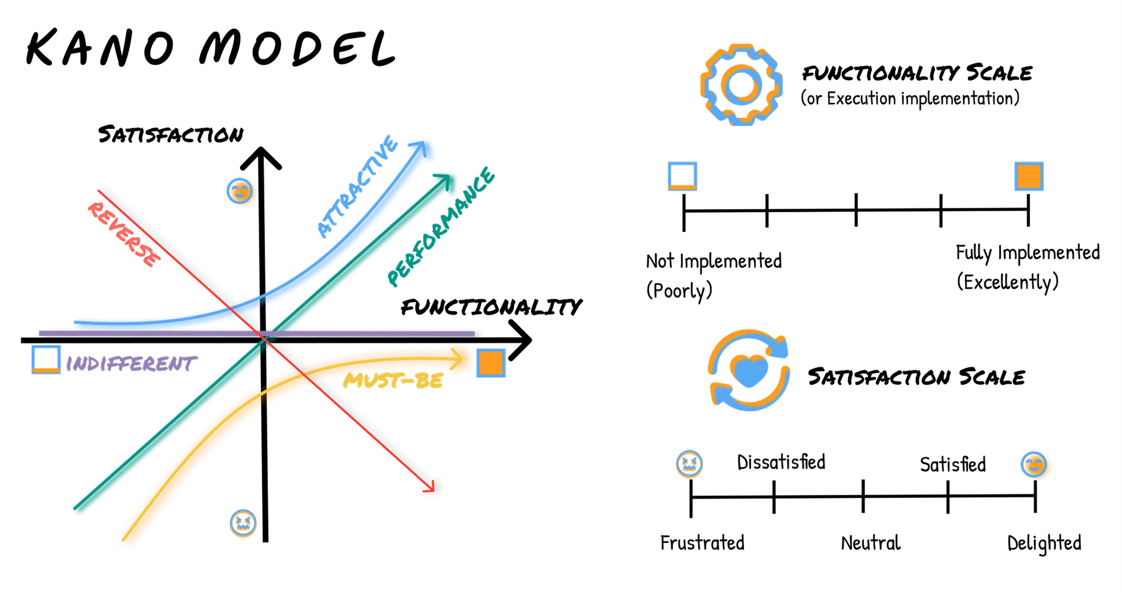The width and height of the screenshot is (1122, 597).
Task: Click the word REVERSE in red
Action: click(123, 234)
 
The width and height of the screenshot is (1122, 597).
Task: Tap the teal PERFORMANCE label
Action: click(441, 226)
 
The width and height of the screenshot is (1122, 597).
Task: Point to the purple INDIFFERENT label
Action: click(131, 364)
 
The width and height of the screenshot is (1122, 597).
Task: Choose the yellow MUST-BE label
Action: click(393, 381)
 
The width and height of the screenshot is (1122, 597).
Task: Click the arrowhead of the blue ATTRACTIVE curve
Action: click(424, 149)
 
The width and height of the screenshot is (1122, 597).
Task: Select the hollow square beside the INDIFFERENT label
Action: click(46, 359)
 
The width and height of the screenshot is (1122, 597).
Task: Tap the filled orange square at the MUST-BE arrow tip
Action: click(491, 363)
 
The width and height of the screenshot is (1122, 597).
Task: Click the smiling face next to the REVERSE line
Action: click(241, 192)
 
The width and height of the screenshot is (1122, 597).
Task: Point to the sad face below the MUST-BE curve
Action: click(243, 524)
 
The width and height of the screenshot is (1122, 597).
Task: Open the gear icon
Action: click(741, 85)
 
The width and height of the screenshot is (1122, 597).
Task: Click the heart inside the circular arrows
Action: click(749, 371)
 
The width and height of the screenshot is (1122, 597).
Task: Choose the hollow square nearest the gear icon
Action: click(682, 176)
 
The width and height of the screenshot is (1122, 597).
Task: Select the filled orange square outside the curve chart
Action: click(1029, 176)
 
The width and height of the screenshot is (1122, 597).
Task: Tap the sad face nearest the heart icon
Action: click(689, 464)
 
